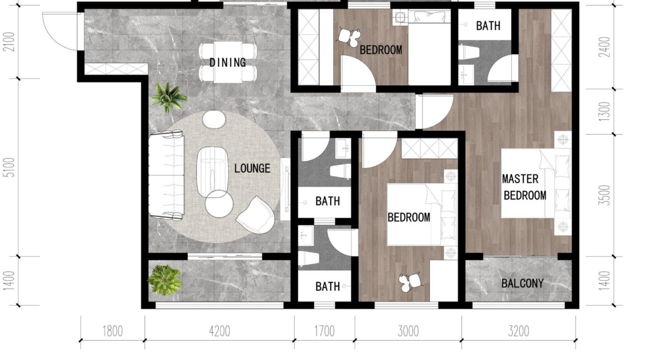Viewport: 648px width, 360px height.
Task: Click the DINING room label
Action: (x=227, y=63)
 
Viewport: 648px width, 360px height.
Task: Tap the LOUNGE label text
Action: (x=252, y=168)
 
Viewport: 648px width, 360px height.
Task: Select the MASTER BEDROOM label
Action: (x=524, y=187)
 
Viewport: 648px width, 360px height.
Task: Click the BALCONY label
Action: (x=522, y=283)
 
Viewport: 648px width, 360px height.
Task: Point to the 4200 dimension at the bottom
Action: (x=219, y=331)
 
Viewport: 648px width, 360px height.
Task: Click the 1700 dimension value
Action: (x=325, y=331)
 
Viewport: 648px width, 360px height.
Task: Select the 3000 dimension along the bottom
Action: (x=408, y=331)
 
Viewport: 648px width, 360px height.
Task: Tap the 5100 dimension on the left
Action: (x=9, y=167)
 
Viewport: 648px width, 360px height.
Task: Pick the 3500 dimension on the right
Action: (x=604, y=195)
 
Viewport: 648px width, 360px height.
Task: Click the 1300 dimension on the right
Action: (x=604, y=111)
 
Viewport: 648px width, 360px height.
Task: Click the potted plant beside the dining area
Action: (x=168, y=97)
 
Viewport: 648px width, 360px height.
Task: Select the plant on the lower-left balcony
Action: (x=164, y=280)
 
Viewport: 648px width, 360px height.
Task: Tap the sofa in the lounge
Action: (x=167, y=175)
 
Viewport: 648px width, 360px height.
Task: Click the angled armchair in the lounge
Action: (x=256, y=215)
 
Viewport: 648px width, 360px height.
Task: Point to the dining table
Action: (x=228, y=62)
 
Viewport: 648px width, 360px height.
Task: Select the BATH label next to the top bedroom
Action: (x=488, y=25)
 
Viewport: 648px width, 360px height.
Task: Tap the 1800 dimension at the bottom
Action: (x=112, y=331)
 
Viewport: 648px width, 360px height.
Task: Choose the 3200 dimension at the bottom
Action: (x=518, y=331)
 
